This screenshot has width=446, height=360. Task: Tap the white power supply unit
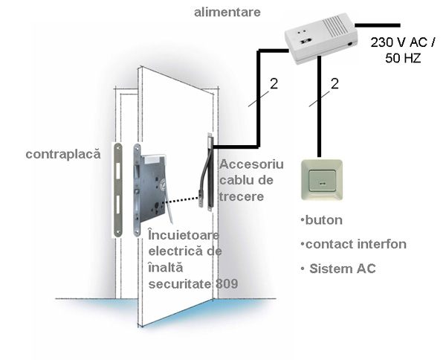pos(321,41)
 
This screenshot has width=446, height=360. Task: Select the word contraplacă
pos(62,155)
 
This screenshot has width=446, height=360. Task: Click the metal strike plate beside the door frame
pos(119,190)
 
